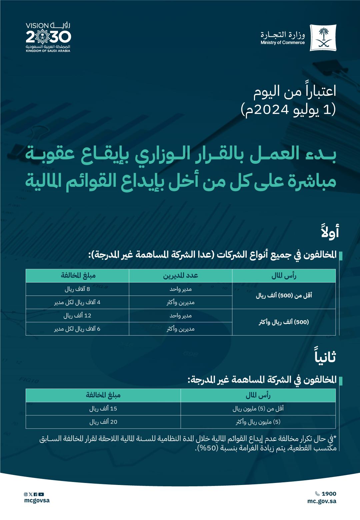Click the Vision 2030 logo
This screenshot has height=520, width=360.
[x=48, y=37]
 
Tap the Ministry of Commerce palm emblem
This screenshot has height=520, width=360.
[x=323, y=37]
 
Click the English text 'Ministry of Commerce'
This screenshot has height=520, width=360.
[x=282, y=43]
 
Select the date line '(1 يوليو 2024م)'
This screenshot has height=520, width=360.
[x=288, y=110]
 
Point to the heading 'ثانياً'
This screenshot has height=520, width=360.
[x=325, y=357]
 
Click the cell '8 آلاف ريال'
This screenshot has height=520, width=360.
[x=77, y=289]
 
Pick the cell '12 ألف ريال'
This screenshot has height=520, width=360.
[x=77, y=316]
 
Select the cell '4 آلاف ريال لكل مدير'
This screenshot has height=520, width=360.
[x=77, y=303]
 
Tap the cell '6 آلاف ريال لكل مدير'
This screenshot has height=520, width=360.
[x=77, y=329]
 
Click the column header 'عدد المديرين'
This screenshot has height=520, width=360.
[x=180, y=276]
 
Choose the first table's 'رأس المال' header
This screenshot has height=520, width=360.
[x=284, y=276]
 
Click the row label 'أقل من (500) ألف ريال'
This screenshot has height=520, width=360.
[x=284, y=296]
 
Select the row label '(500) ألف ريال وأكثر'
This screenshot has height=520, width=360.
[x=284, y=322]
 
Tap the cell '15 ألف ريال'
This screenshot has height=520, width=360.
[x=103, y=409]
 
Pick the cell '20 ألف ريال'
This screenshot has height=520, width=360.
[x=103, y=422]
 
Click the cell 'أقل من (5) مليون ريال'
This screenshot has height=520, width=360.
[x=258, y=409]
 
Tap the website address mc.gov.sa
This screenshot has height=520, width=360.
[x=322, y=501]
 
